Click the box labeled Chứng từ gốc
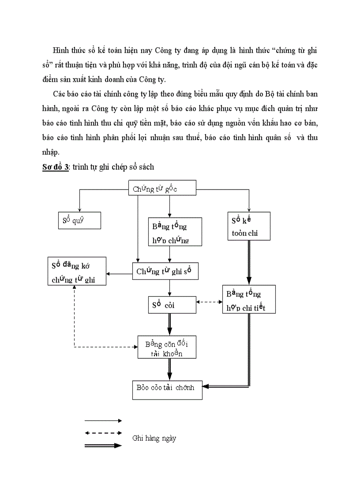pos(161,189)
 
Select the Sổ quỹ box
pos(79,220)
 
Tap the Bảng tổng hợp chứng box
pos(174,232)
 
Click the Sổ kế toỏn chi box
pos(249,226)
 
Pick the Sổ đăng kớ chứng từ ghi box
pos(77,271)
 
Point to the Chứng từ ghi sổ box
pos(165,271)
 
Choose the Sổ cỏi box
pos(172,305)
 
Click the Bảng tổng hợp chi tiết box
pos(249,299)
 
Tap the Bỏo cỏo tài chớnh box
pos(167,389)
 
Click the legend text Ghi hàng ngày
pos(154,439)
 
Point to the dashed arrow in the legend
pos(103,433)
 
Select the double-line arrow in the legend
pos(103,446)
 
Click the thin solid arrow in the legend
pos(103,421)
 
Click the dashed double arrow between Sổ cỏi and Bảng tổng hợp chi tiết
pos(209,302)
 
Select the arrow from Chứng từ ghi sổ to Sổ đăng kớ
pos(119,274)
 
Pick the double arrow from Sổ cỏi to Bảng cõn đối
pos(169,324)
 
